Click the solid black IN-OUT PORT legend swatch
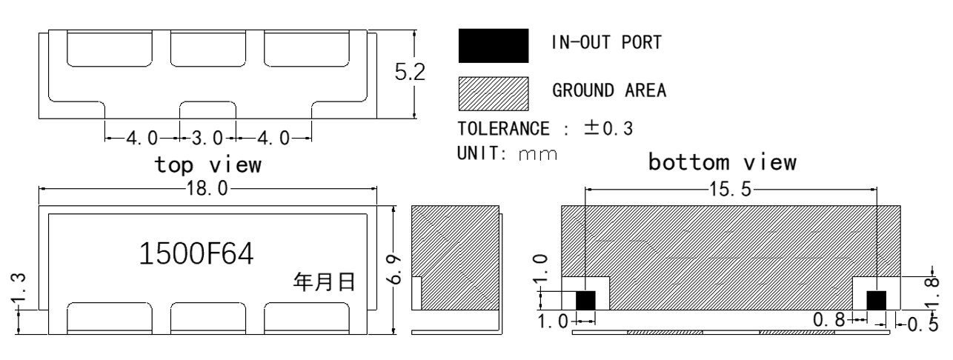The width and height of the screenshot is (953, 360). (x=494, y=46)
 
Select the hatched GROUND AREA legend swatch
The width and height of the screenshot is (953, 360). (x=494, y=93)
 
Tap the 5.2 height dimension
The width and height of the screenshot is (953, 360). (x=410, y=72)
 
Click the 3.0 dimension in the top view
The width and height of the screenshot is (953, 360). (x=207, y=138)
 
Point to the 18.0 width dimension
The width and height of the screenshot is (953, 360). (x=207, y=188)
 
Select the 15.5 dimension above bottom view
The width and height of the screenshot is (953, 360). (x=731, y=189)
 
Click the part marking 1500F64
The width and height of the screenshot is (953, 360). (x=196, y=254)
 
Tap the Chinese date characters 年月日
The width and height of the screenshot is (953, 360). (x=324, y=281)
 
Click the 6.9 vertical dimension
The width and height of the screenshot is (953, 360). (x=394, y=270)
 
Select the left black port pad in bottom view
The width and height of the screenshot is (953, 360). (x=585, y=301)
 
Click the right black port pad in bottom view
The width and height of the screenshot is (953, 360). (x=877, y=301)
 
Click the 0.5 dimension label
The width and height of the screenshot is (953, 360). (x=923, y=324)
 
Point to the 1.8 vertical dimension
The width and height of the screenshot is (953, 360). (x=932, y=293)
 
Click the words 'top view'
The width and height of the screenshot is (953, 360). (x=207, y=165)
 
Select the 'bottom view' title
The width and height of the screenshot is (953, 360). (x=723, y=162)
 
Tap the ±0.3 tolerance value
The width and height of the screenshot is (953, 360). (x=608, y=128)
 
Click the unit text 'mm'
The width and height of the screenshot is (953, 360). (x=538, y=154)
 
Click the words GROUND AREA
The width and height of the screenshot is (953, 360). (x=609, y=90)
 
